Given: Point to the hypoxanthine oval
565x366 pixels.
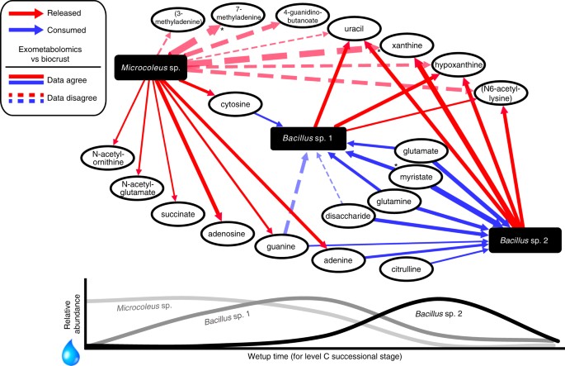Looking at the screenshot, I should pos(450,65).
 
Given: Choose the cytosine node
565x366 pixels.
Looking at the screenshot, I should pos(236,105).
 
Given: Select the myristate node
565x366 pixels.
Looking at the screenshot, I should pos(418,177).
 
